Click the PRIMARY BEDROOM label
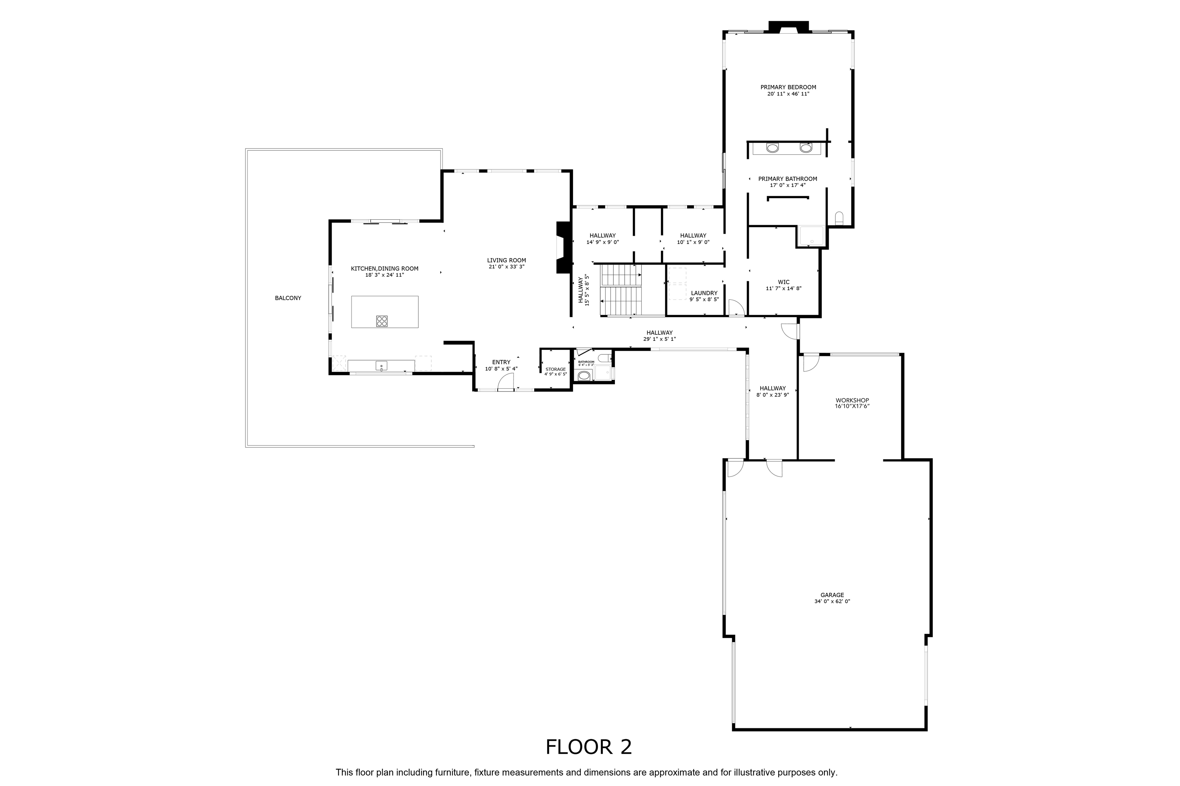788,87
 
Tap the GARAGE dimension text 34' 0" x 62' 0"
832,602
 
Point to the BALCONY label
288,298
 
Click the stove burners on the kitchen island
382,321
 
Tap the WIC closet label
784,282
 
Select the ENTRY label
501,362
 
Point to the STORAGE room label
555,370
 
